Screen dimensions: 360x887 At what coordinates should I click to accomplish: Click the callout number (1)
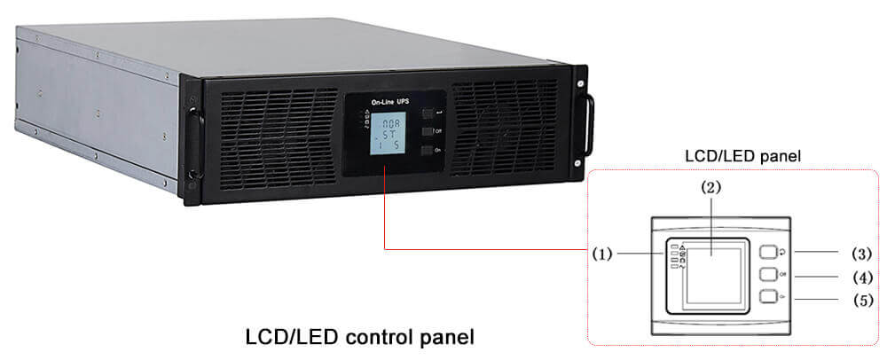pos(602,254)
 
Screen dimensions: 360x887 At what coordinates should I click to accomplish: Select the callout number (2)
pos(710,188)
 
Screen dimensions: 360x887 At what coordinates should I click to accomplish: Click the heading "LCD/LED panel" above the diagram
pos(732,156)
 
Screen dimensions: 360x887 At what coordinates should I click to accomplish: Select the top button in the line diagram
pos(767,252)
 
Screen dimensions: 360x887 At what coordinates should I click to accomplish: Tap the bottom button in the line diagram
pos(767,298)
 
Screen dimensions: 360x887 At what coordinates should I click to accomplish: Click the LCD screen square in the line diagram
pos(715,271)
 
